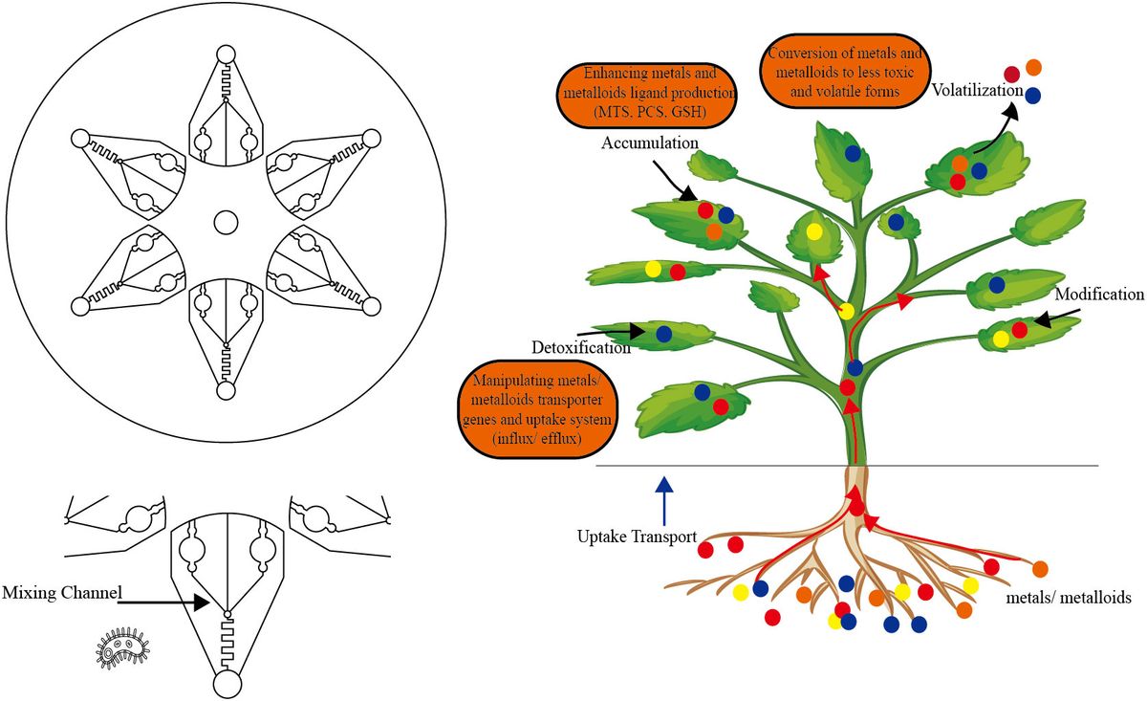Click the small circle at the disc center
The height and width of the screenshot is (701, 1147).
click(226, 222)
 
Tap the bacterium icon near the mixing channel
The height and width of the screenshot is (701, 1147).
click(121, 648)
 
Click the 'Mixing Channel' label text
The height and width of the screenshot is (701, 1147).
click(62, 594)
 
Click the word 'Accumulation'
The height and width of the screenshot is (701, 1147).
click(650, 142)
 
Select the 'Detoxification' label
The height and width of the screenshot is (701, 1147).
click(581, 347)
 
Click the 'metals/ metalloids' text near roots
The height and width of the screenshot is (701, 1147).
click(1070, 596)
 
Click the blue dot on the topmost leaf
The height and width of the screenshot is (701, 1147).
click(852, 152)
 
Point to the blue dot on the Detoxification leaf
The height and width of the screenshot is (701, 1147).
click(664, 334)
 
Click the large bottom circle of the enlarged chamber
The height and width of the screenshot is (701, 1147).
click(227, 685)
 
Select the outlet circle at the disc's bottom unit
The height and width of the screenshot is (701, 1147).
click(226, 390)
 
